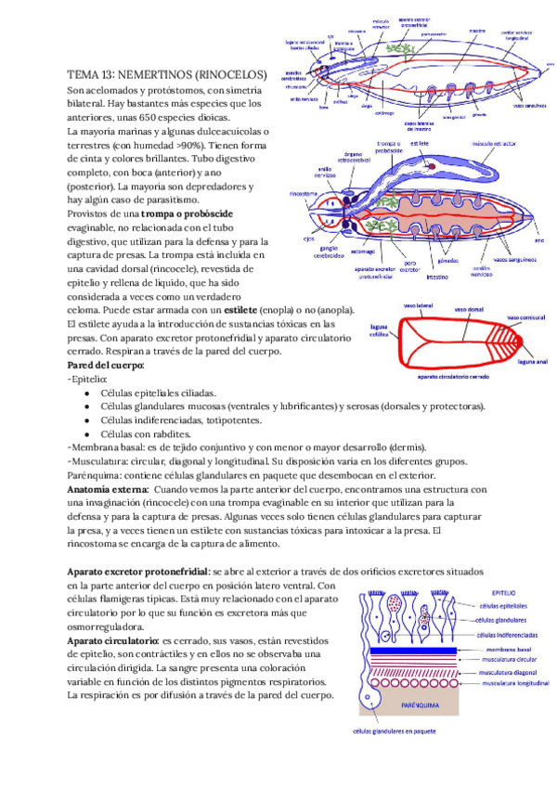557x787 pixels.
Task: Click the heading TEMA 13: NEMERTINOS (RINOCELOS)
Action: [167, 74]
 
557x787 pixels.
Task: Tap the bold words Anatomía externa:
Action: [109, 488]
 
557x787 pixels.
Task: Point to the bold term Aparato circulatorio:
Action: [112, 641]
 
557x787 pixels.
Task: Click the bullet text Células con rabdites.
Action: [145, 433]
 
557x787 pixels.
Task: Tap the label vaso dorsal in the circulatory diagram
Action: [468, 309]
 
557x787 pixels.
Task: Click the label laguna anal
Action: [535, 362]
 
